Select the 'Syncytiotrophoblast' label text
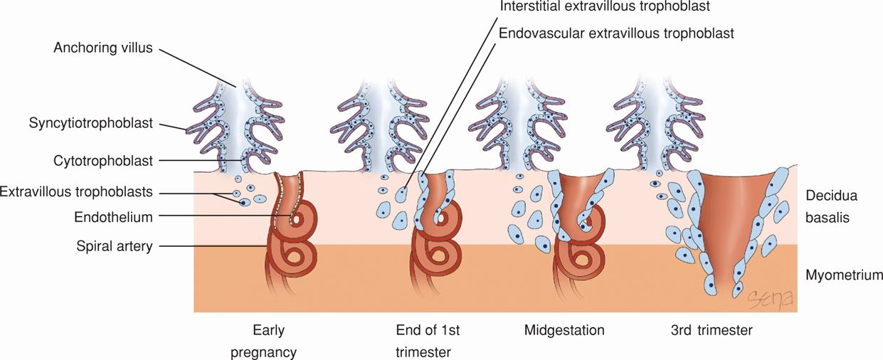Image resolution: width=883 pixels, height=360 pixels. pyautogui.click(x=91, y=123)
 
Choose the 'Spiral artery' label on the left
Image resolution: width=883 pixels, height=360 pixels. pyautogui.click(x=114, y=246)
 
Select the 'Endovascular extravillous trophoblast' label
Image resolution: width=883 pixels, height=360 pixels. pyautogui.click(x=617, y=33)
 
